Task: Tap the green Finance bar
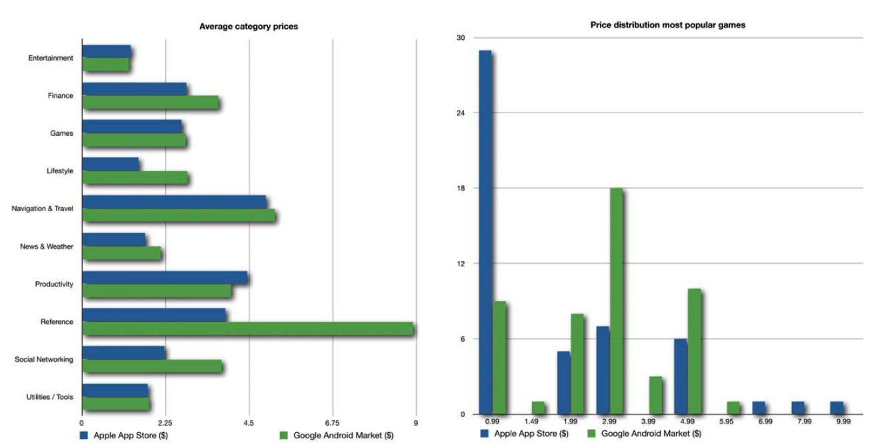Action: coord(150,103)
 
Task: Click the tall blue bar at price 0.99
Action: coord(485,232)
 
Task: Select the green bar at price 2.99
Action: coord(617,301)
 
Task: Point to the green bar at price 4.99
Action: coord(694,351)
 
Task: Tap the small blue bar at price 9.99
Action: coord(837,408)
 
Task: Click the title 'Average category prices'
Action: coord(249,27)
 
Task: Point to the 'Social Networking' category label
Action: coord(44,360)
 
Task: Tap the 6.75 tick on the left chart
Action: coord(332,422)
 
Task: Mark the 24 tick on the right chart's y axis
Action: coord(460,113)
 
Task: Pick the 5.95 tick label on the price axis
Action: coord(733,422)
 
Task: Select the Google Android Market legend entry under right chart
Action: coord(644,434)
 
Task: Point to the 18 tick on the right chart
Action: coord(460,189)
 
